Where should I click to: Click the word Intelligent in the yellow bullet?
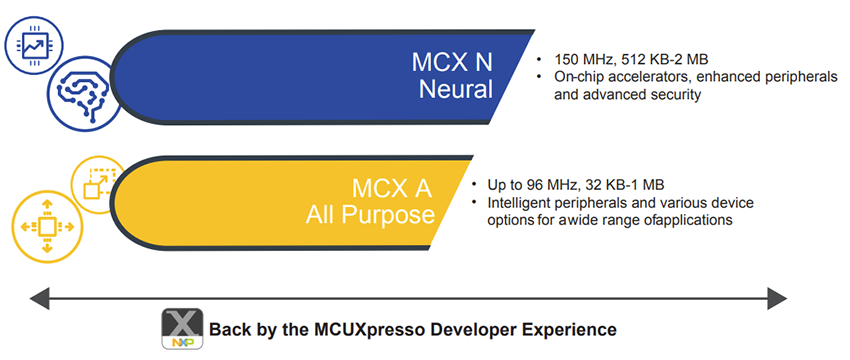pos(520,203)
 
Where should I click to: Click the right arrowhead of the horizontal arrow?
pos(777,296)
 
